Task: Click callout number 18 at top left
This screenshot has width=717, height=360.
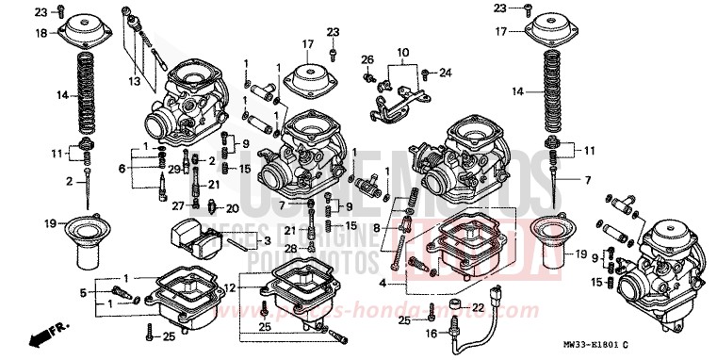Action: pos(41,33)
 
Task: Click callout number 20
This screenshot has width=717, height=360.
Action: pos(232,207)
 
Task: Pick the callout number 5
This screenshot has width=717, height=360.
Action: pos(82,293)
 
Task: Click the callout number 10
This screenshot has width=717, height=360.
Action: pos(402,51)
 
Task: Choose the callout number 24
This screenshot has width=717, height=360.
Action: pos(446,72)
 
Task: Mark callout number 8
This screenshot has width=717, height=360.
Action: pos(378,227)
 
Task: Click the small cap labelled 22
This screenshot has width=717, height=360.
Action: pos(455,306)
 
